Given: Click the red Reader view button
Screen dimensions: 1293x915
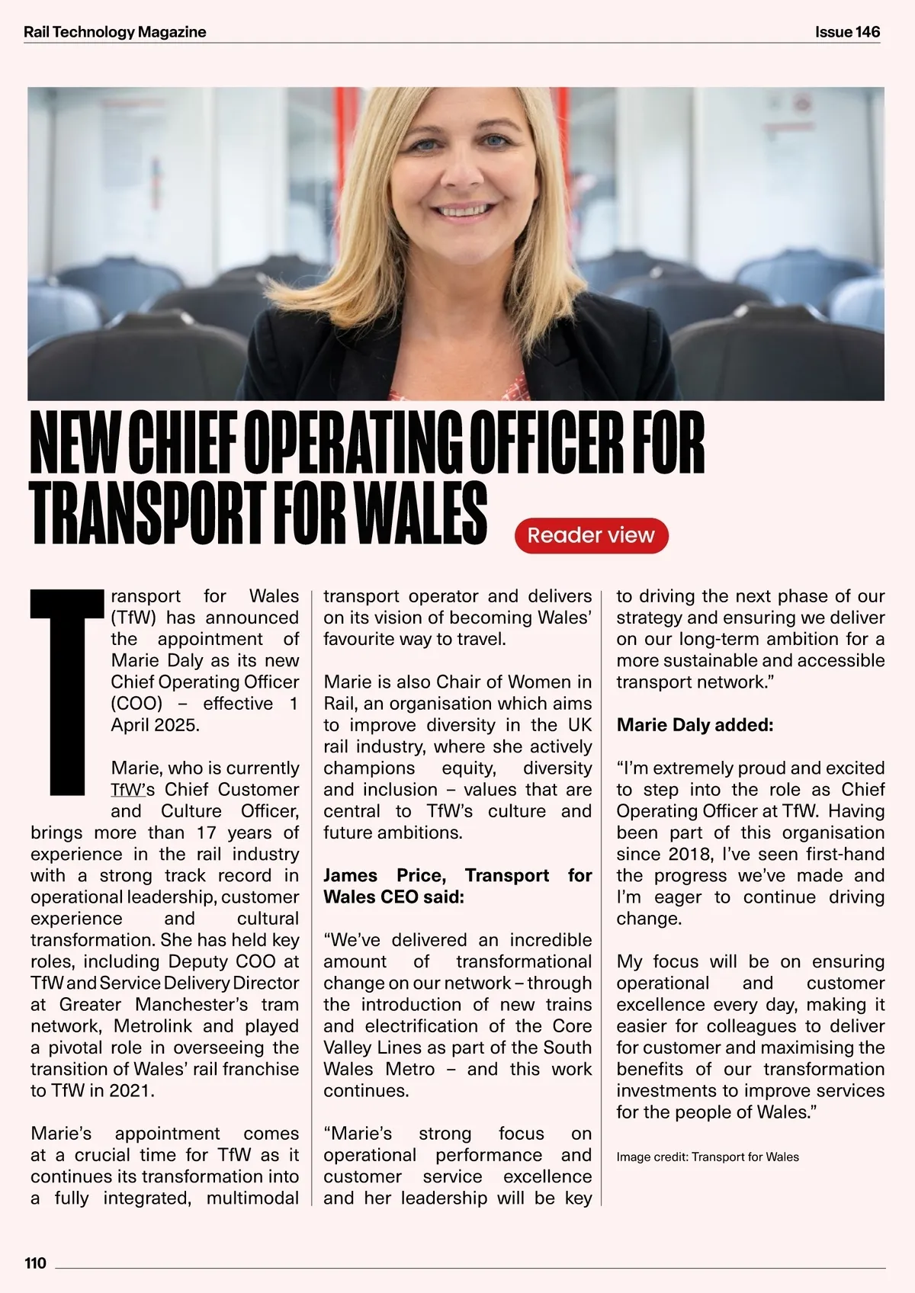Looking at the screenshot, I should [591, 535].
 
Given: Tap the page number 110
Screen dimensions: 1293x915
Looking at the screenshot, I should [35, 1263].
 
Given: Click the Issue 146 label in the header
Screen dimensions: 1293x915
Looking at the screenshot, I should [847, 32].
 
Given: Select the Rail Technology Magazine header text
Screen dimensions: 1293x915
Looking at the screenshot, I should [115, 32].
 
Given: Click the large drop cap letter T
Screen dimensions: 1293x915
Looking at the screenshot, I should [66, 691].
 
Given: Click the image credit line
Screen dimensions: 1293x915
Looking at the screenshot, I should [708, 1157].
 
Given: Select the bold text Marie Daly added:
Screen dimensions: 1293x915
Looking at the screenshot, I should [695, 724].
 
